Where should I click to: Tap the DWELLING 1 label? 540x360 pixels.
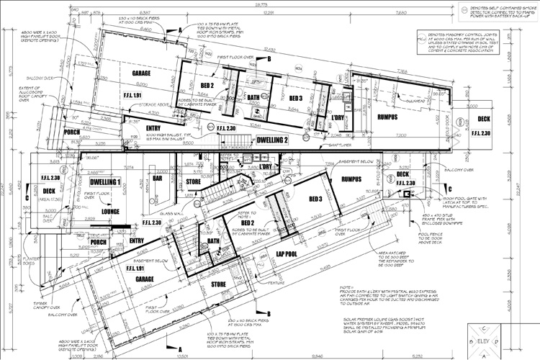[x=104, y=182]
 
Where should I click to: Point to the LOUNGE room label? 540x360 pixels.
[x=110, y=212]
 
